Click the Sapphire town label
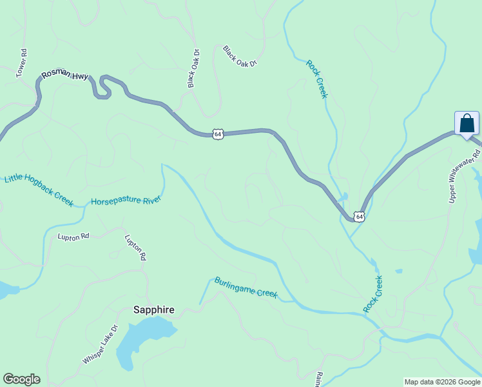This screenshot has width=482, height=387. click(153, 310)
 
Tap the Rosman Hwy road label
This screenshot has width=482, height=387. click(64, 75)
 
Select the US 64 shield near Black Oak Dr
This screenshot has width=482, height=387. click(218, 134)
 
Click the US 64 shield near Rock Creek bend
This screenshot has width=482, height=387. click(360, 217)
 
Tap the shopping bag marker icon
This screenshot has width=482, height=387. click(467, 123)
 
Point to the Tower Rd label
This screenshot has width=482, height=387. click(21, 64)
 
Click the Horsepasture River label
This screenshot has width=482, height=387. click(125, 201)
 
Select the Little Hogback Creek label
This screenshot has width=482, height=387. click(39, 190)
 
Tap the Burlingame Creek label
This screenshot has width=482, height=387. click(246, 288)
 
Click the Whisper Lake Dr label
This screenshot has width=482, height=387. click(101, 344)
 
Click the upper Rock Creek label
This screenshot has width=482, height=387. click(317, 79)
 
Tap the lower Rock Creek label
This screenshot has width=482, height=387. click(373, 294)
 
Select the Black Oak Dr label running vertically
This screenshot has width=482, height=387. click(194, 68)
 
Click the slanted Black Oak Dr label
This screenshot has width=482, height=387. click(240, 57)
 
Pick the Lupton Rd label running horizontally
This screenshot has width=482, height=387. click(73, 237)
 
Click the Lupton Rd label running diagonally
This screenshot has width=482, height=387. click(135, 247)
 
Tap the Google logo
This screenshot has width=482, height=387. click(21, 379)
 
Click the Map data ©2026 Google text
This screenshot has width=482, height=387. click(442, 382)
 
